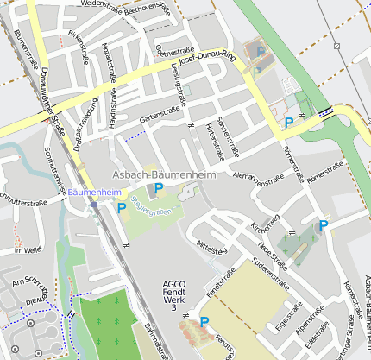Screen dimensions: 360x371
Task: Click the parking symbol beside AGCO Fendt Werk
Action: (x=204, y=322)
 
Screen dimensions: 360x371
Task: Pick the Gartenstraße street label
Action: (x=157, y=111)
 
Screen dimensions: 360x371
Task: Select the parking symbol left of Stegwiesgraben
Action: (x=122, y=207)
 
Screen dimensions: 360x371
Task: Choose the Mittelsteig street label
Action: (x=211, y=249)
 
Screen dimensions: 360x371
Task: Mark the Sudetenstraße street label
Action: (x=267, y=275)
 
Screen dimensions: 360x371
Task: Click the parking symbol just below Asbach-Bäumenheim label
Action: (x=158, y=187)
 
